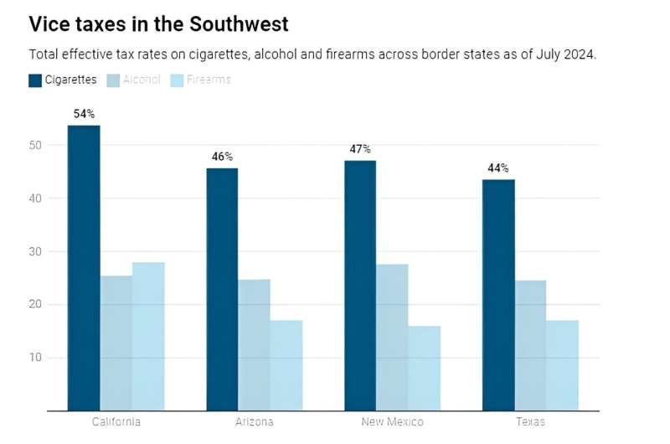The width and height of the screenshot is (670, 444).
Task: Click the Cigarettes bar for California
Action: tap(84, 268)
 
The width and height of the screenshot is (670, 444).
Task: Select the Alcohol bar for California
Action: tap(116, 343)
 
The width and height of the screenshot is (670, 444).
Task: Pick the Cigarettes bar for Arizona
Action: tap(222, 289)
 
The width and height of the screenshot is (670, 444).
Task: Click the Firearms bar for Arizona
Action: tap(286, 365)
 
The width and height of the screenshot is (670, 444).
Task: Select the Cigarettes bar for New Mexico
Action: tap(360, 286)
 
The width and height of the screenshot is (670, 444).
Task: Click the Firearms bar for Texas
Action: tap(562, 365)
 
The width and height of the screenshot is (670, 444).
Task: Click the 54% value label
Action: tap(84, 113)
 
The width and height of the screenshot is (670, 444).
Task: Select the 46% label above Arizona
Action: tap(222, 157)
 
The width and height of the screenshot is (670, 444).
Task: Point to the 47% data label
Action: tap(360, 149)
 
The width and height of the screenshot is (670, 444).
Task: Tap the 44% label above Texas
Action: tap(498, 168)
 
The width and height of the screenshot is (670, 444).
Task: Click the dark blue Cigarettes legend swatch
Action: tap(35, 80)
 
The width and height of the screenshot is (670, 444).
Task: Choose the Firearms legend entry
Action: tap(201, 80)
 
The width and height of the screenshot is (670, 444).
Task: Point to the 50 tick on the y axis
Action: tap(33, 145)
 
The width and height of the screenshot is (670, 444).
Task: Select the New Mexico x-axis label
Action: tap(392, 422)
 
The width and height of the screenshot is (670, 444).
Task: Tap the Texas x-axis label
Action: tap(530, 422)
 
